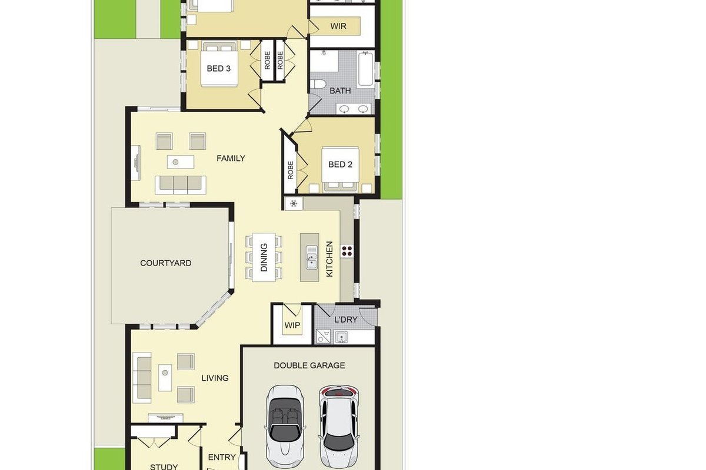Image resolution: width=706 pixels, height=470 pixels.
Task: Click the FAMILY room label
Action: coord(231,158)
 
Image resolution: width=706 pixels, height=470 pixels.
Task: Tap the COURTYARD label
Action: coord(165,263)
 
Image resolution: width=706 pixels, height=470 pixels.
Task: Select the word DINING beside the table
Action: coord(264,257)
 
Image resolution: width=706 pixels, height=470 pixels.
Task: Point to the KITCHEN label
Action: coord(329,259)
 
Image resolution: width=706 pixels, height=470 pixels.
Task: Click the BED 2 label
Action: coord(340,164)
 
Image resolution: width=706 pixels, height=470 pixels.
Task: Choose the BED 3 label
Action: coord(218,68)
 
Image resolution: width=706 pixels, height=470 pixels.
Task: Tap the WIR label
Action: coord(338,26)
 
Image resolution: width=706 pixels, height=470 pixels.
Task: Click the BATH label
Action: coord(340,90)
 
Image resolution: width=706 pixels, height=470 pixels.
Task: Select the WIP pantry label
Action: coord(292,325)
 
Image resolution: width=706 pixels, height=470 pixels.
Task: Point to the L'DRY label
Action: coord(346,320)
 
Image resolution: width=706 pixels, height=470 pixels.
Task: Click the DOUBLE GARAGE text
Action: coord(309,365)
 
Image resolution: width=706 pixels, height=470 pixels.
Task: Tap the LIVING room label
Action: coord(215,378)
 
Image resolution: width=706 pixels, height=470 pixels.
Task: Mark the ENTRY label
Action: coord(222,457)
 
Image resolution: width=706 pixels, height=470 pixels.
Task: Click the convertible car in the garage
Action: coord(285,429)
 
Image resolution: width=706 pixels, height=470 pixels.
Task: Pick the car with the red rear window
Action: coord(338,428)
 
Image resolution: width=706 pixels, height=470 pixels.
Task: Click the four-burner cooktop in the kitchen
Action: coord(347,251)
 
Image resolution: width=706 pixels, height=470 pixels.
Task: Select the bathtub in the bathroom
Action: coord(365,69)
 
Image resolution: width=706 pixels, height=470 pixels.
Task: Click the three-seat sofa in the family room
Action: coord(180,185)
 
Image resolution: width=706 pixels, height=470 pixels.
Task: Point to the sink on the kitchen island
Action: coord(311,257)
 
